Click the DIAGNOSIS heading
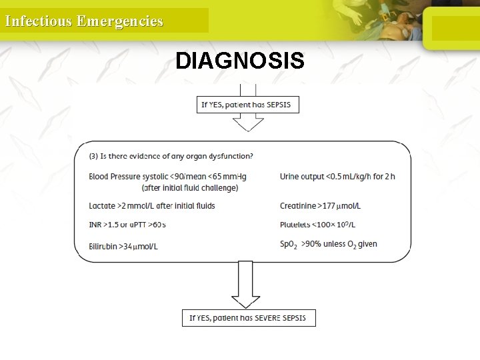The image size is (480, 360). click(240, 61)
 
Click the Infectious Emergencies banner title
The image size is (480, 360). click(84, 21)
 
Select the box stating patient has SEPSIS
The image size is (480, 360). click(246, 105)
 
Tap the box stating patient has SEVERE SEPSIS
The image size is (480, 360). click(248, 317)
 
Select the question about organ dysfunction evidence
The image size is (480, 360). click(171, 157)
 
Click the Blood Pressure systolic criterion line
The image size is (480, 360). click(167, 177)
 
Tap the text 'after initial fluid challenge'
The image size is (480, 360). click(189, 188)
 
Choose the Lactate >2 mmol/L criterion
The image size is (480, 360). click(151, 206)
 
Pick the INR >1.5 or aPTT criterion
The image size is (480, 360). click(127, 225)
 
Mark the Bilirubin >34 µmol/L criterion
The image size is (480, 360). click(123, 246)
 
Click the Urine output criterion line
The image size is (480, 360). click(337, 177)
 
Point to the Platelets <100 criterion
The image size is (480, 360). click(317, 225)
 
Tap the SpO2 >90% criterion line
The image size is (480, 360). click(328, 245)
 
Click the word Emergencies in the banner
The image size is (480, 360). click(120, 21)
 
